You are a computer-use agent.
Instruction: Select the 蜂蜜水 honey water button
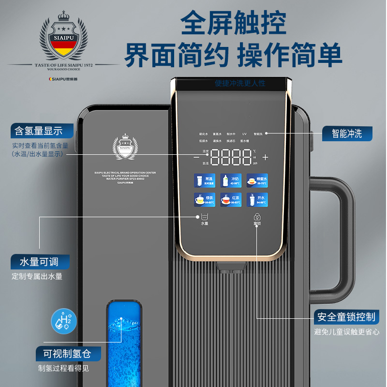click(256, 180)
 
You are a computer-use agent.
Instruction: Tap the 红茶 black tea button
click(230, 199)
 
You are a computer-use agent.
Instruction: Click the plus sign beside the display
click(265, 157)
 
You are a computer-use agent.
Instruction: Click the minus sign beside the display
click(196, 157)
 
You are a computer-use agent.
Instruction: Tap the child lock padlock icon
click(256, 217)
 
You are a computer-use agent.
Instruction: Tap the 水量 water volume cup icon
click(204, 217)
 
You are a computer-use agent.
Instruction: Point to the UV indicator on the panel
click(244, 134)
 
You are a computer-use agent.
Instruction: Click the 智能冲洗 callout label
click(347, 134)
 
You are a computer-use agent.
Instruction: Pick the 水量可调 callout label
click(40, 262)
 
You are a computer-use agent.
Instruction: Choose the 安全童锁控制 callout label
click(346, 317)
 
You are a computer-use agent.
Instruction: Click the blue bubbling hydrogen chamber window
click(124, 339)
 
